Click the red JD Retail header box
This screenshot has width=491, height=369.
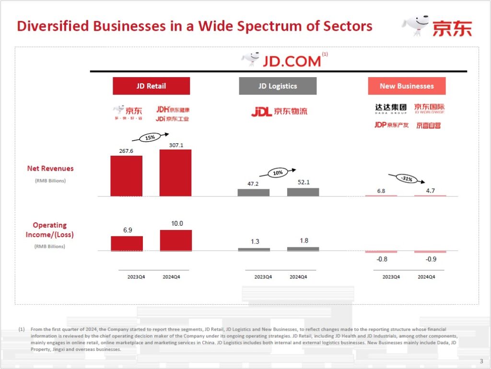(x=151, y=86)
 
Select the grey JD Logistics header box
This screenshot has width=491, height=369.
(x=278, y=86)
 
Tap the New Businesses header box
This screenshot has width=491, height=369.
(x=407, y=86)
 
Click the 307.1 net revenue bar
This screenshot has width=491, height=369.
(x=175, y=173)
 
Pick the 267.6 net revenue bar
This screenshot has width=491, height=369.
(x=126, y=176)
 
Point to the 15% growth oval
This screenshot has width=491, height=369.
(x=150, y=138)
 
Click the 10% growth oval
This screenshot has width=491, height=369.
(x=278, y=173)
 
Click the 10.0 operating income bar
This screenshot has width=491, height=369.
(x=175, y=240)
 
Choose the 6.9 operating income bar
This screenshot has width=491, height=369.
(x=127, y=243)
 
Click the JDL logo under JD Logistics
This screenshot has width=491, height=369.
(x=279, y=112)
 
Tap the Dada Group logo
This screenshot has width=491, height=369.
(x=391, y=109)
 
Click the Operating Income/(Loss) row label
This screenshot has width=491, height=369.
(x=50, y=230)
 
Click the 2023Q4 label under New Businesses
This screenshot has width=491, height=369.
(x=391, y=277)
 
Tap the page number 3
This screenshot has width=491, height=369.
(x=481, y=361)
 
